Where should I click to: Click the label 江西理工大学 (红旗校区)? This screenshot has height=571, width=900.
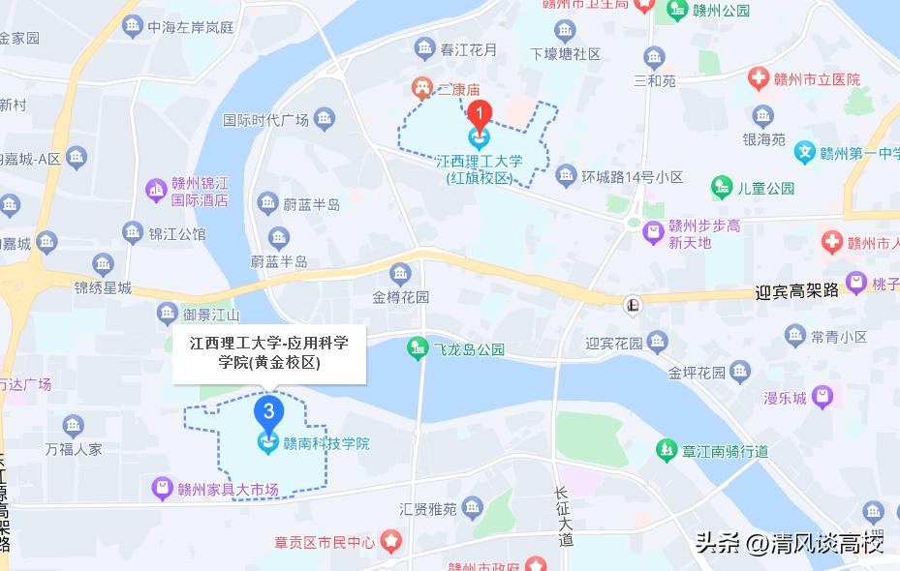pos(479,170)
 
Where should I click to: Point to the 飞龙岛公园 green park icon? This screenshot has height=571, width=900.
pos(418,347)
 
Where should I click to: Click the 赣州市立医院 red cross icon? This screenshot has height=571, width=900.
pos(759,79)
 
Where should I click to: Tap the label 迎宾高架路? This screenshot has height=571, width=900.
pos(796,290)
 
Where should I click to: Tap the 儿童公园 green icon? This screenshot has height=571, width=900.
pos(721,188)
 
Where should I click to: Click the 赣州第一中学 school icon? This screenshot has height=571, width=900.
pos(804,152)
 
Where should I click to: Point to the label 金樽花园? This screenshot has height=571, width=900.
pos(400,297)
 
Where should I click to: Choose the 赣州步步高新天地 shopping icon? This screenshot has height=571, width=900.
pos(654,232)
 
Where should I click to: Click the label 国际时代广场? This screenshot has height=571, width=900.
pos(265,121)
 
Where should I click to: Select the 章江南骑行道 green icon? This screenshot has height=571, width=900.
pos(666,450)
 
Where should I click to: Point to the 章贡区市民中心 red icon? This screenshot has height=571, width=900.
pos(390,541)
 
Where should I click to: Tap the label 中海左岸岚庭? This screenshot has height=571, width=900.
pos(192,28)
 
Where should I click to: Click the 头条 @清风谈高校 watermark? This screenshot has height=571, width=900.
pos(790,542)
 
